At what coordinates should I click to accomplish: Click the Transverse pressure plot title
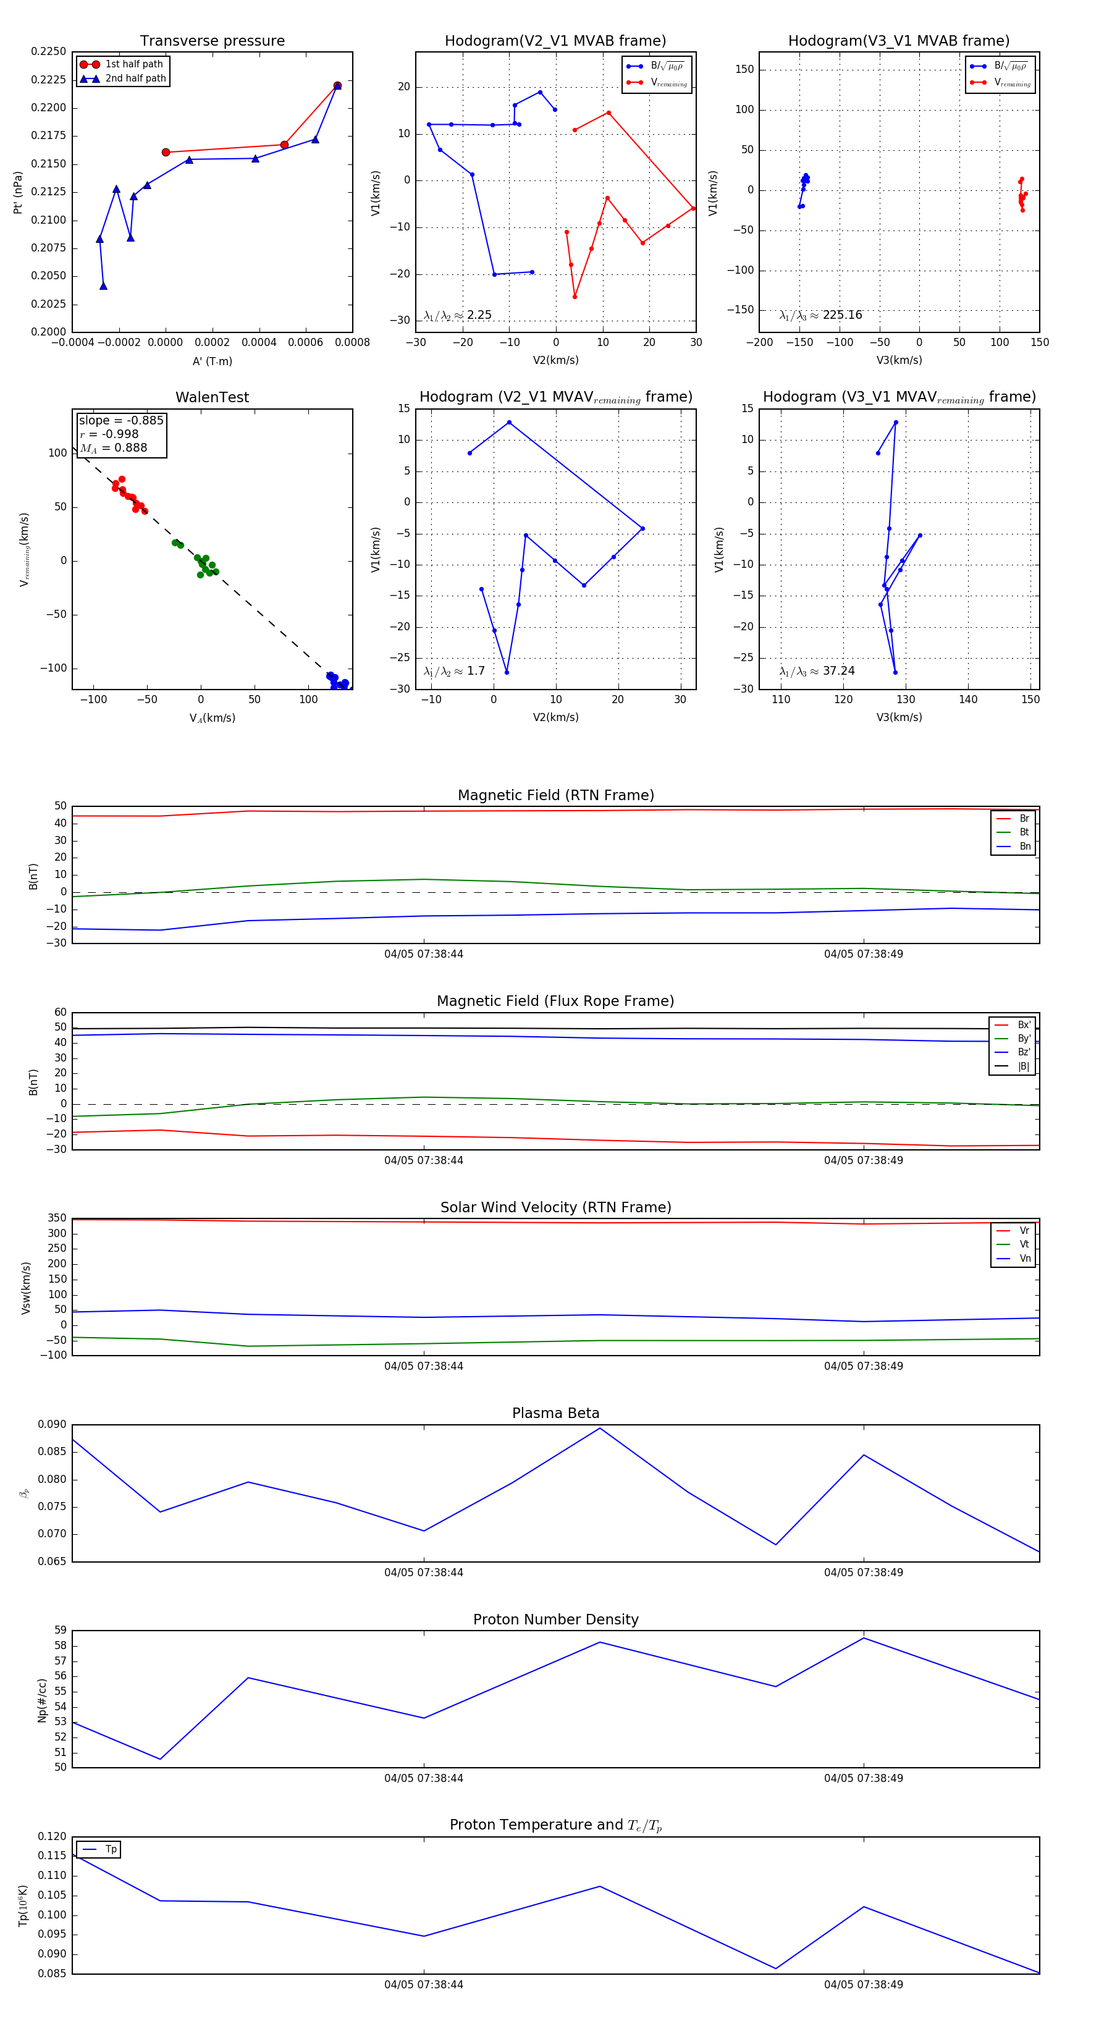pyautogui.click(x=212, y=41)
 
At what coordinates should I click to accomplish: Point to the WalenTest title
pyautogui.click(x=212, y=397)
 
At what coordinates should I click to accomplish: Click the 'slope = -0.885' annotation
pyautogui.click(x=121, y=420)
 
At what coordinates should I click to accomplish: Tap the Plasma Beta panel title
pyautogui.click(x=555, y=1413)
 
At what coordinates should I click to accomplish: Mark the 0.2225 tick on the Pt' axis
pyautogui.click(x=48, y=80)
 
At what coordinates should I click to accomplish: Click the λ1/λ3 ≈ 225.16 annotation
pyautogui.click(x=821, y=315)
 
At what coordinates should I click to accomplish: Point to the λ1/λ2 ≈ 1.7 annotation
pyautogui.click(x=454, y=671)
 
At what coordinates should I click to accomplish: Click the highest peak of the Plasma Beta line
pyautogui.click(x=600, y=1428)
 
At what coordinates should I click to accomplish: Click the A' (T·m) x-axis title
pyautogui.click(x=212, y=361)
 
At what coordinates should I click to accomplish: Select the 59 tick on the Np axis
pyautogui.click(x=60, y=1631)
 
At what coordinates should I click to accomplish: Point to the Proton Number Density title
pyautogui.click(x=555, y=1619)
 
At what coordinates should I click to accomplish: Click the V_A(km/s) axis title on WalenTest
pyautogui.click(x=212, y=718)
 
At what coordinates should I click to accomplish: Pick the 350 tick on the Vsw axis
pyautogui.click(x=57, y=1218)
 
